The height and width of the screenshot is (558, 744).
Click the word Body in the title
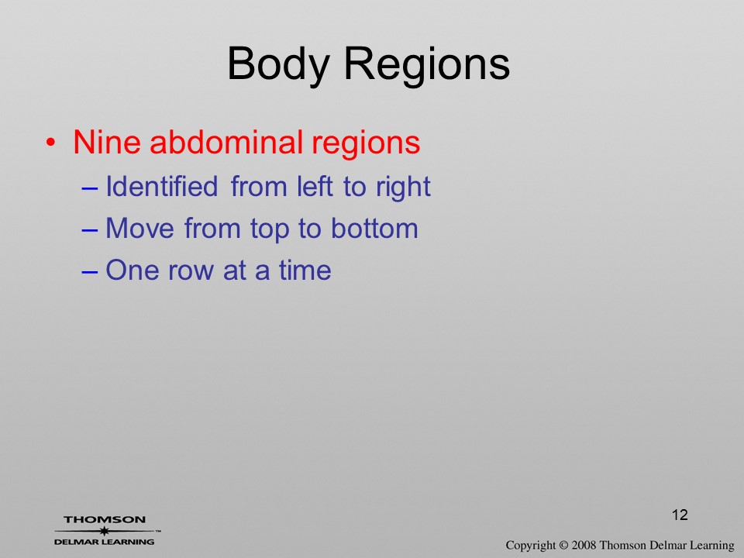(x=278, y=64)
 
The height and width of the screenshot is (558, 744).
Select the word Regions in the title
(x=426, y=64)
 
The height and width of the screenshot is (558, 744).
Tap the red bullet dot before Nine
(x=51, y=142)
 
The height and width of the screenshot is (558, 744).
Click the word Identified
(x=162, y=186)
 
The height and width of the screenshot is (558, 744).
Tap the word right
(x=403, y=188)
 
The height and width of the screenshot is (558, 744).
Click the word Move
(x=140, y=228)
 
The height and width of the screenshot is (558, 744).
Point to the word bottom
(x=374, y=228)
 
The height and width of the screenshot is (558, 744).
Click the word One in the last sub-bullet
(x=130, y=270)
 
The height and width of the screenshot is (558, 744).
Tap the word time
(x=305, y=270)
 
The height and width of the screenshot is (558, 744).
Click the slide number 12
(x=680, y=515)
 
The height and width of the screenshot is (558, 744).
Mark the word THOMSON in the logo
(x=105, y=519)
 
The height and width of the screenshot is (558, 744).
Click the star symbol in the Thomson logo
(x=105, y=531)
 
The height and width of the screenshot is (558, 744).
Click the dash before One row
(x=90, y=271)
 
